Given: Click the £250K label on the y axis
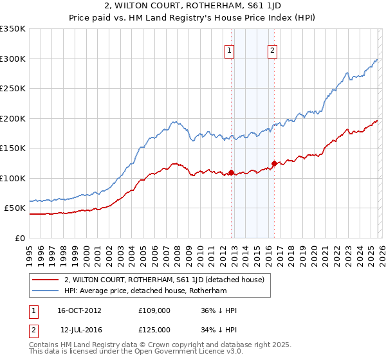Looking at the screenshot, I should (x=13, y=89).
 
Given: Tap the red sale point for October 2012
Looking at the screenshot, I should (x=231, y=173).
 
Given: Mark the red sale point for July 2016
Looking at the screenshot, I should (x=273, y=163).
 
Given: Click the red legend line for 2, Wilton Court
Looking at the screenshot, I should (x=45, y=280).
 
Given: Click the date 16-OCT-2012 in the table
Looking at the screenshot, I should (x=79, y=310).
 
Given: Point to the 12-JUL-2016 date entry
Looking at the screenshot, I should (x=79, y=330).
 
